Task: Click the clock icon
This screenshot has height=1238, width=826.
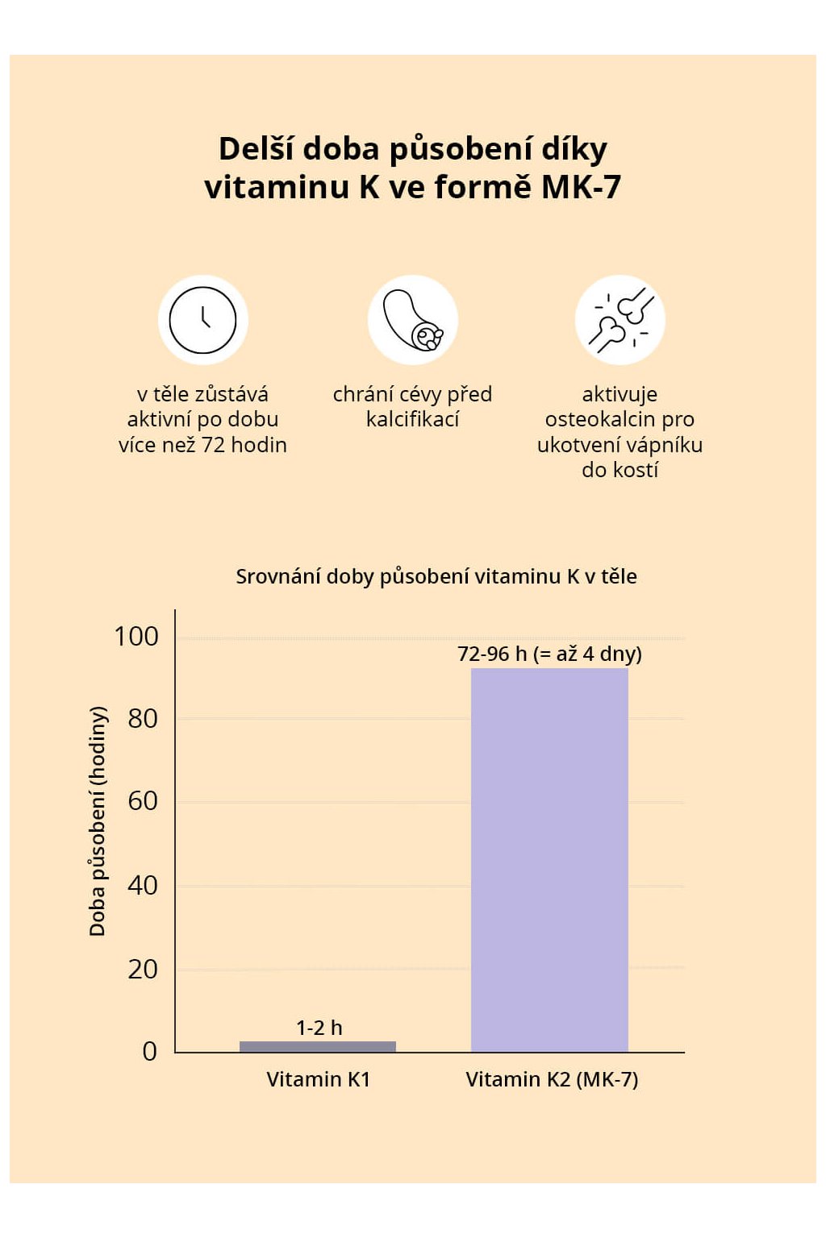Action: (x=202, y=320)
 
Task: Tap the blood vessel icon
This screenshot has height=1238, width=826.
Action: (x=412, y=320)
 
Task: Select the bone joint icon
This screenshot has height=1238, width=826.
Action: (x=619, y=320)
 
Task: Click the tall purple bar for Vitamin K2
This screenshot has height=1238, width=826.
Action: (x=549, y=859)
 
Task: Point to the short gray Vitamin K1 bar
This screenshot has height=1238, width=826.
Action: (x=318, y=1046)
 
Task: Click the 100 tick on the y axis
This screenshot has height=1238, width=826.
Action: (x=136, y=637)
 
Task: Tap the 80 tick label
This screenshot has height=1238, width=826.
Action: (x=143, y=719)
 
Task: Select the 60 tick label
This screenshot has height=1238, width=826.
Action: (x=143, y=801)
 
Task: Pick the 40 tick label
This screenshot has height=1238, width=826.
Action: (x=143, y=886)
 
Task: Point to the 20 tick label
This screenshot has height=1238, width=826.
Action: (x=143, y=969)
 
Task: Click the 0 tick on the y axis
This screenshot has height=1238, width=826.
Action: (x=150, y=1052)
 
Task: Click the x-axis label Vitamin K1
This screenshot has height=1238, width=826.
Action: (x=318, y=1079)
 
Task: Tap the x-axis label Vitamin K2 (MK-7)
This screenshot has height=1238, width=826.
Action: (x=552, y=1079)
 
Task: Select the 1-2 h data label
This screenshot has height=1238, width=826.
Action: (x=319, y=1028)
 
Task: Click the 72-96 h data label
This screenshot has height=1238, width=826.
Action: (x=549, y=654)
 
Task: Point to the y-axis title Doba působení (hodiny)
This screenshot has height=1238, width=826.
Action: (x=98, y=820)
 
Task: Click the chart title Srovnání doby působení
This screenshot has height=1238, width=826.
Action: (x=436, y=576)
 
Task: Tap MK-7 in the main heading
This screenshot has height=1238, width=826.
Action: (x=581, y=187)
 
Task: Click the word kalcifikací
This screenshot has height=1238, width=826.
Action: (x=412, y=419)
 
